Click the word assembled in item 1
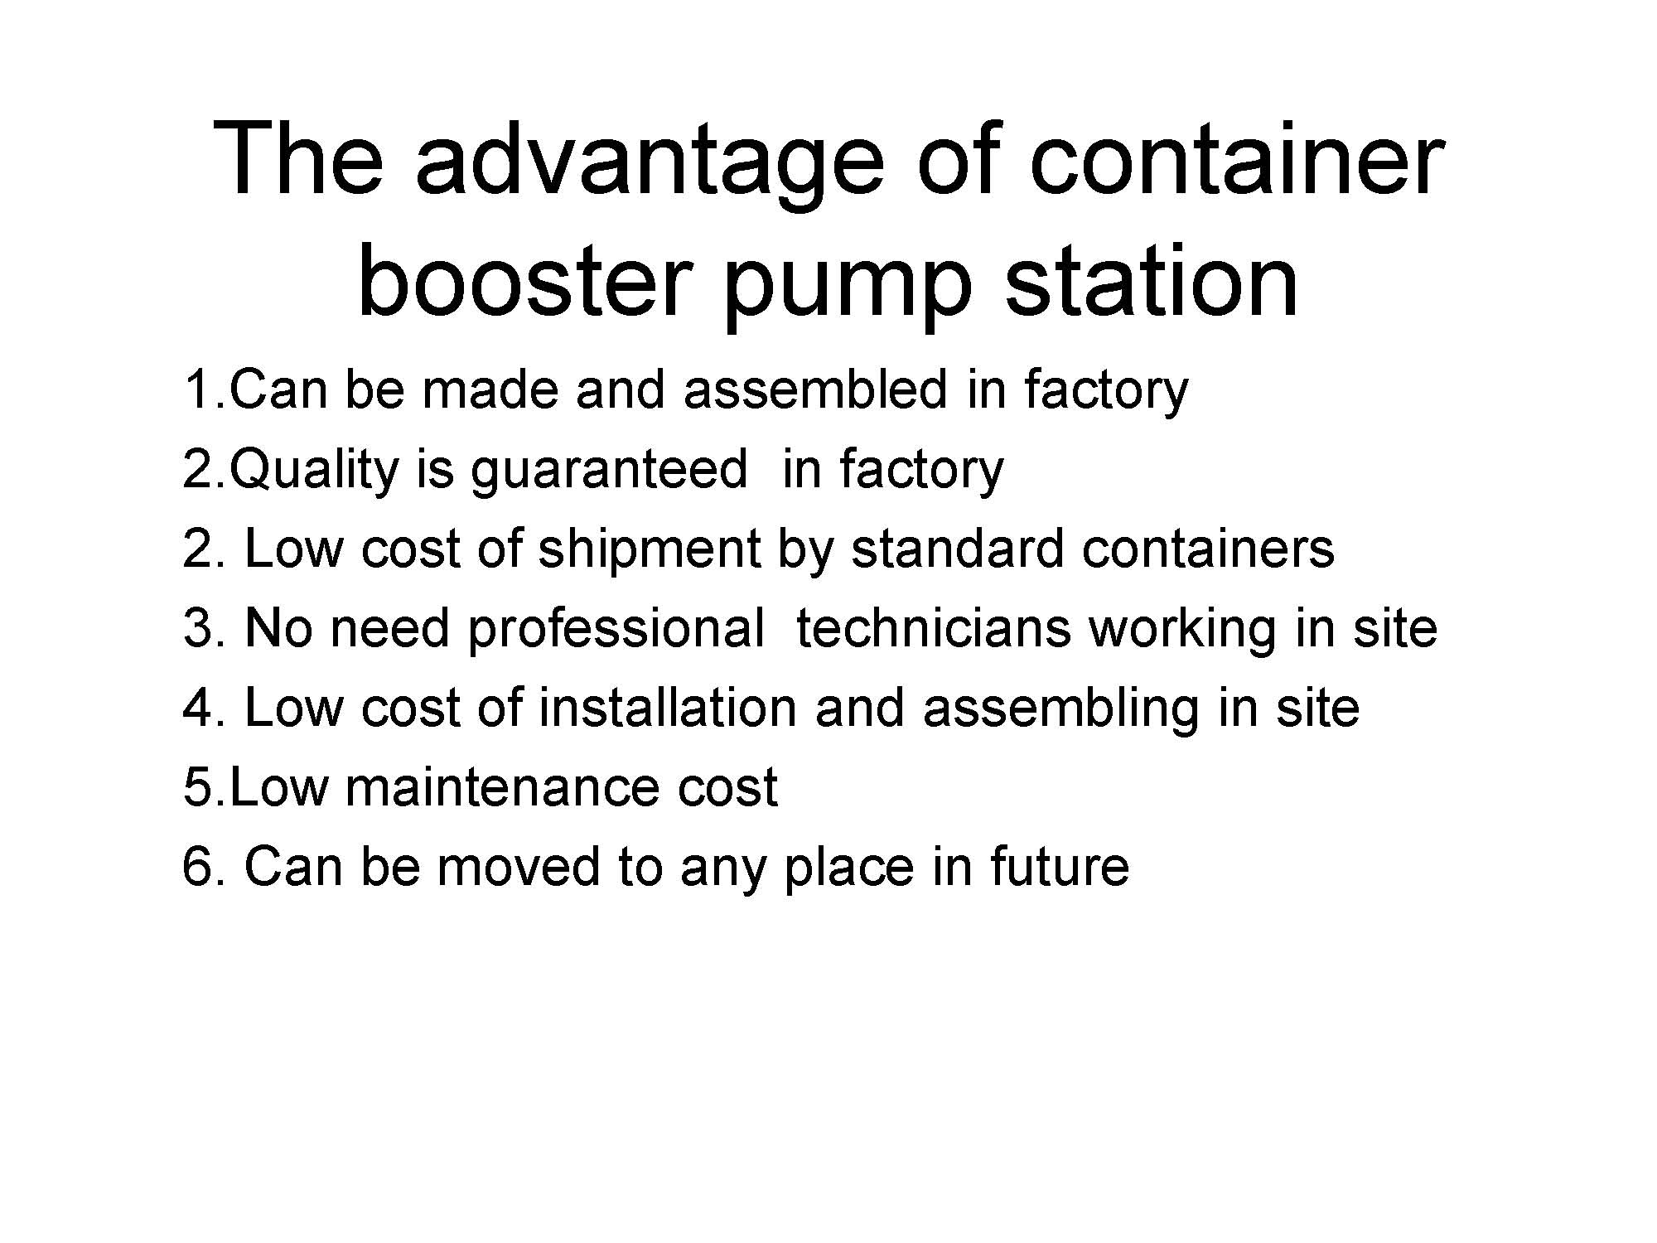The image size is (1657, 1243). pos(815,389)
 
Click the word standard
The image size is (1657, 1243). pos(957,548)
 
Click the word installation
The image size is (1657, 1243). pos(668,707)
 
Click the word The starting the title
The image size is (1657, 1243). pos(298,158)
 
